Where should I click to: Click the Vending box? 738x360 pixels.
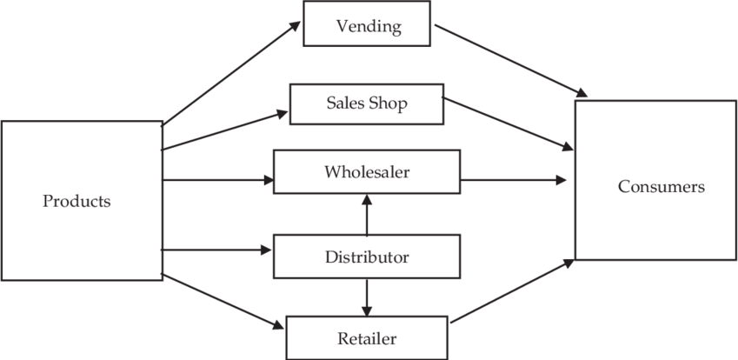point(368,26)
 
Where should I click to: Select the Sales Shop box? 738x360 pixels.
point(366,103)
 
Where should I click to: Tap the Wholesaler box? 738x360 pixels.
point(366,171)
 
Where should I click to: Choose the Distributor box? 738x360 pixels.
point(366,257)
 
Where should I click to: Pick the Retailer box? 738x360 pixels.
point(368,337)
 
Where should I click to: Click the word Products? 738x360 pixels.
point(77,202)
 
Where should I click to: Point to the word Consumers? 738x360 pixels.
point(662,187)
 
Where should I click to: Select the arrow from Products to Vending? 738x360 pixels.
point(230,73)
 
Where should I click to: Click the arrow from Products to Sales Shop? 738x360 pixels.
point(224,130)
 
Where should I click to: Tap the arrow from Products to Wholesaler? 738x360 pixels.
point(217,181)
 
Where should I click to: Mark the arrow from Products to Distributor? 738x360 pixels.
point(217,250)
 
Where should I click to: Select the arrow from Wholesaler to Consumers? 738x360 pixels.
point(513,181)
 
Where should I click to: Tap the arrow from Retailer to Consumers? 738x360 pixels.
point(513,291)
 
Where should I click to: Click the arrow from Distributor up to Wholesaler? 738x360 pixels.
point(367,214)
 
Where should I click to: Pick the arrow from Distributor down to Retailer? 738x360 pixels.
point(367,297)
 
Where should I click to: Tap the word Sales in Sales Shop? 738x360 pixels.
point(345,103)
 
